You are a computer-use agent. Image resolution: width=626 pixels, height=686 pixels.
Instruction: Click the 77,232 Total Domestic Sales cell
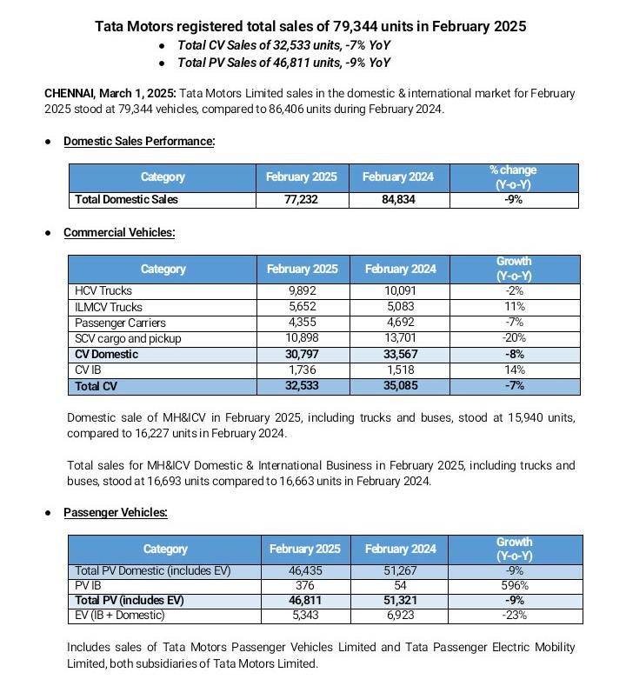pyautogui.click(x=301, y=200)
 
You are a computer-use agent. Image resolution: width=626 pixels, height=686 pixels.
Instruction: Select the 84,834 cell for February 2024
pyautogui.click(x=397, y=200)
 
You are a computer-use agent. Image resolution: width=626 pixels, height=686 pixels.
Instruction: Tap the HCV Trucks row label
pyautogui.click(x=103, y=291)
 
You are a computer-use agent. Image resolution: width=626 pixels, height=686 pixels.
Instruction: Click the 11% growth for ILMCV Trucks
pyautogui.click(x=514, y=307)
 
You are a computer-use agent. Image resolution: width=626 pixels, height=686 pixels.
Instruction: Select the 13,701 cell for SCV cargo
pyautogui.click(x=400, y=338)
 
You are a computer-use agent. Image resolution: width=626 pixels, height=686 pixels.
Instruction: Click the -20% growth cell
pyautogui.click(x=514, y=338)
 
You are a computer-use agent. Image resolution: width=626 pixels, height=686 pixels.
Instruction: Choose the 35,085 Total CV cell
pyautogui.click(x=400, y=386)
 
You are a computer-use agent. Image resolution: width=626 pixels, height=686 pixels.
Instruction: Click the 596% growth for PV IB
pyautogui.click(x=514, y=586)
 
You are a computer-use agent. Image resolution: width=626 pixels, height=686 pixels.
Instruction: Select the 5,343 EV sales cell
pyautogui.click(x=304, y=616)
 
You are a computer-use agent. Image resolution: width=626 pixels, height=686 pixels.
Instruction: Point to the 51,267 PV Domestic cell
pyautogui.click(x=399, y=571)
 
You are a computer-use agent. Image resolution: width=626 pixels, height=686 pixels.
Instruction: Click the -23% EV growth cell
pyautogui.click(x=514, y=616)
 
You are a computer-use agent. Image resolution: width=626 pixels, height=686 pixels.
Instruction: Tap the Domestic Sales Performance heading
pyautogui.click(x=139, y=141)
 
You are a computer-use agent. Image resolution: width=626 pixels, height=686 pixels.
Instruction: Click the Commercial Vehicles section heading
pyautogui.click(x=119, y=232)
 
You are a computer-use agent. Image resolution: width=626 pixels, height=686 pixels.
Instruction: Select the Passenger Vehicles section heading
pyautogui.click(x=116, y=512)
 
